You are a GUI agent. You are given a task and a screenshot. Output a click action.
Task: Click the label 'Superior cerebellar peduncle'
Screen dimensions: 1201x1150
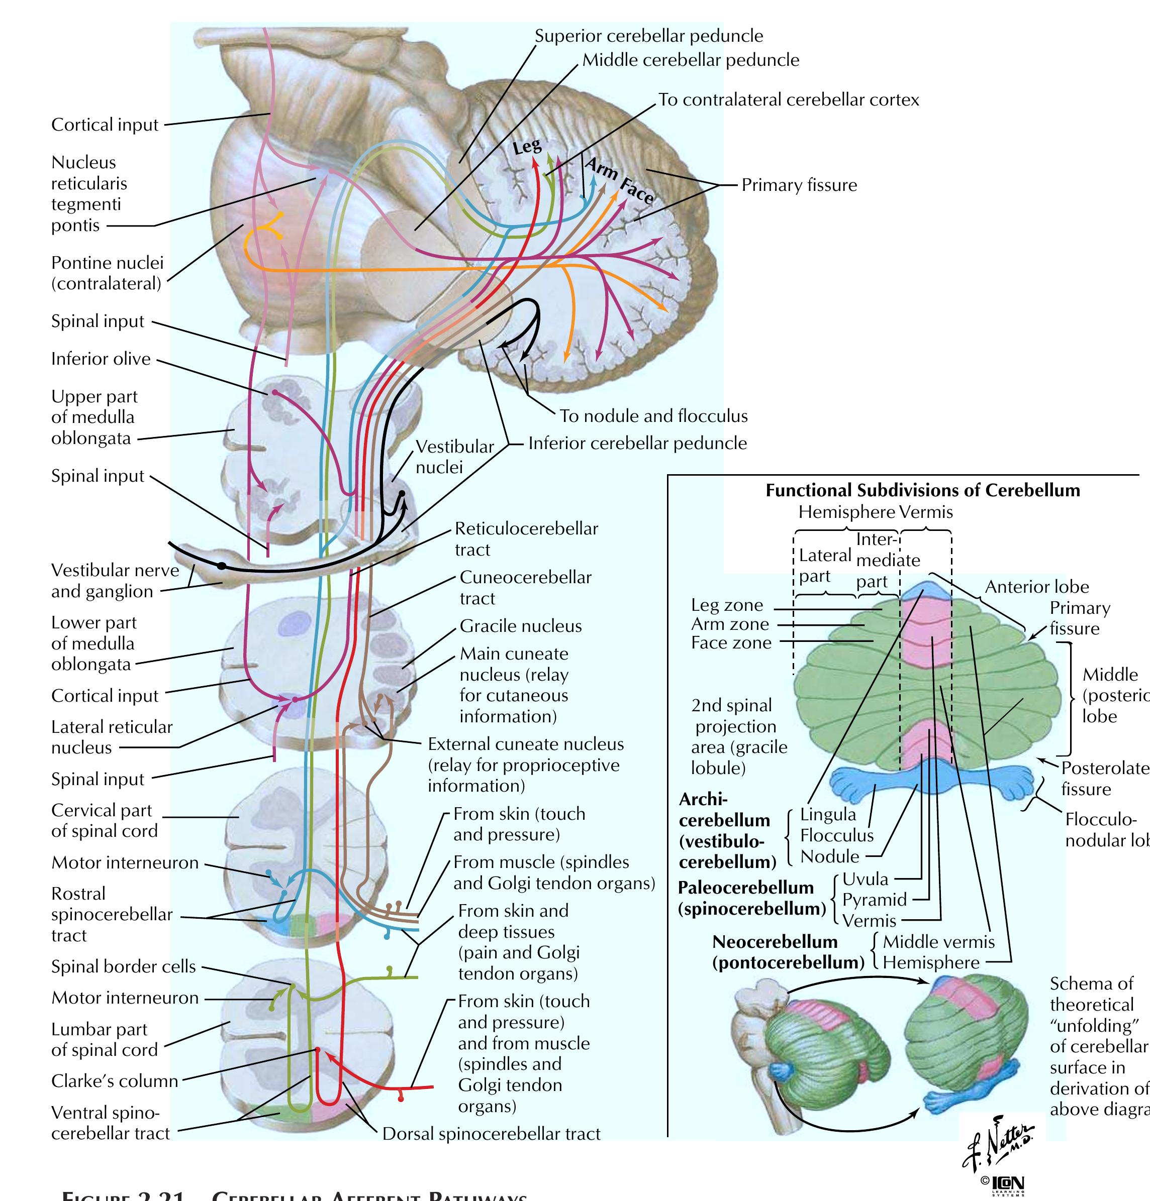coord(648,36)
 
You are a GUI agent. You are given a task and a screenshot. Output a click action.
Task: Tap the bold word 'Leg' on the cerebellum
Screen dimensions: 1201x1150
coord(527,147)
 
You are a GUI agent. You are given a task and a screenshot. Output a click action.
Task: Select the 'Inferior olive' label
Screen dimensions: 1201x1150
coord(101,359)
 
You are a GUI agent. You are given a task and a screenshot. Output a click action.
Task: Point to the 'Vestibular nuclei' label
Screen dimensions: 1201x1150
coord(454,457)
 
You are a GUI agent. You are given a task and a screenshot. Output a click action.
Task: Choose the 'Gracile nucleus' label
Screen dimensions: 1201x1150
coord(520,626)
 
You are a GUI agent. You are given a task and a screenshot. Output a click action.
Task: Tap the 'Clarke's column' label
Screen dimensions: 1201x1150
coord(115,1081)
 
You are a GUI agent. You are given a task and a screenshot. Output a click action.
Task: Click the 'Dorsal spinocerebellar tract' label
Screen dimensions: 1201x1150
coord(491,1134)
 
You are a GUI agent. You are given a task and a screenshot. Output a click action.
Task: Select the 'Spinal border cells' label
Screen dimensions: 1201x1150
coord(123,966)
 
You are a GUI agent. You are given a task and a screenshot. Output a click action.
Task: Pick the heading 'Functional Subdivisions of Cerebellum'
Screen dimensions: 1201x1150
coord(923,490)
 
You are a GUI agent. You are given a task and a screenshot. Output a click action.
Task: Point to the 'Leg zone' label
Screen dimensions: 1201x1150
coord(727,605)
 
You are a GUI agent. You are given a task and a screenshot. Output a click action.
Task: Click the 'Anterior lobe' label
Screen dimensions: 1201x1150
coord(1036,587)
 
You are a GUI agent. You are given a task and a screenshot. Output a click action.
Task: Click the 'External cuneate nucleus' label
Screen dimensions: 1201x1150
coord(525,744)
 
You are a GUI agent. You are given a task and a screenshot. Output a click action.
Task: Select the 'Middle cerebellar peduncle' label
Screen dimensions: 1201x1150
coord(690,60)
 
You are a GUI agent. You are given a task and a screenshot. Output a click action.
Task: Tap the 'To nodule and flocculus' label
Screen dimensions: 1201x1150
coord(653,416)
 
